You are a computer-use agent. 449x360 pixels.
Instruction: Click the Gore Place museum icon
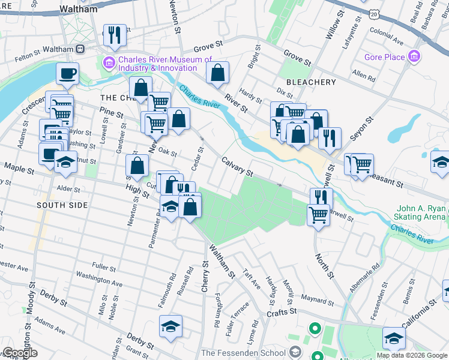(414, 58)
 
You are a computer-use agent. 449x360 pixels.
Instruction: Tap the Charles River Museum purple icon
(109, 61)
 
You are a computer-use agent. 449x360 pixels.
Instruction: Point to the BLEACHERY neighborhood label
(311, 82)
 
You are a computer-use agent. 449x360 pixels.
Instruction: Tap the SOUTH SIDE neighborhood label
(62, 205)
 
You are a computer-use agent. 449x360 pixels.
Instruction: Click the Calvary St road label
(238, 166)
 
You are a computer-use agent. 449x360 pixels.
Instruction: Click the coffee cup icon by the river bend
(67, 73)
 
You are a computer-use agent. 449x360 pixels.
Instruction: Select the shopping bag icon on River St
(217, 73)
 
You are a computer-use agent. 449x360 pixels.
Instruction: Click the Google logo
(20, 353)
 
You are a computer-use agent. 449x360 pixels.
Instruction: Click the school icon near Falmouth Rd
(171, 326)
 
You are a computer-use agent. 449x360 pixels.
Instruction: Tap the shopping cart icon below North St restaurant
(318, 214)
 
